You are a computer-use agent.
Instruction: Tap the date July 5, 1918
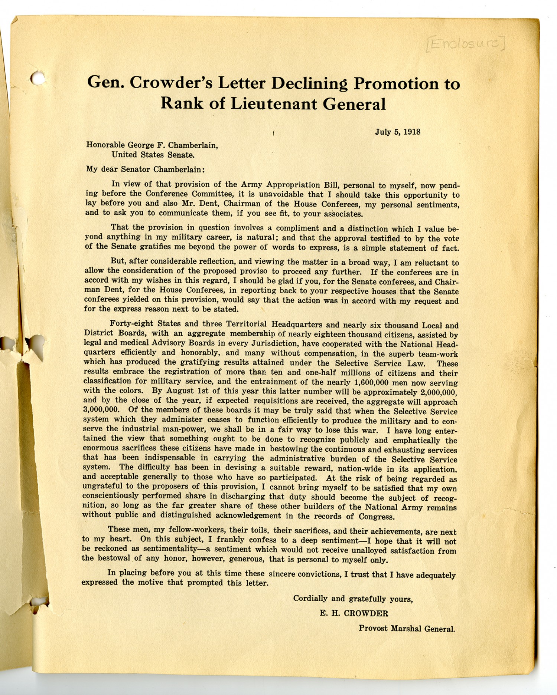[x=397, y=132]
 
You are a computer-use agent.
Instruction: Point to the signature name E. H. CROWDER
[x=354, y=613]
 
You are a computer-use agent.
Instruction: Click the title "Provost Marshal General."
[x=406, y=628]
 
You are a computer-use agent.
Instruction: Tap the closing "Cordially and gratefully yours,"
[x=353, y=598]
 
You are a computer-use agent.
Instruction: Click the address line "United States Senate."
[x=153, y=155]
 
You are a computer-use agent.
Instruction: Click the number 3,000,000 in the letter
[x=101, y=410]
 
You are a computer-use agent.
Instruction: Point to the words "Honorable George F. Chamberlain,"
[x=152, y=145]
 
